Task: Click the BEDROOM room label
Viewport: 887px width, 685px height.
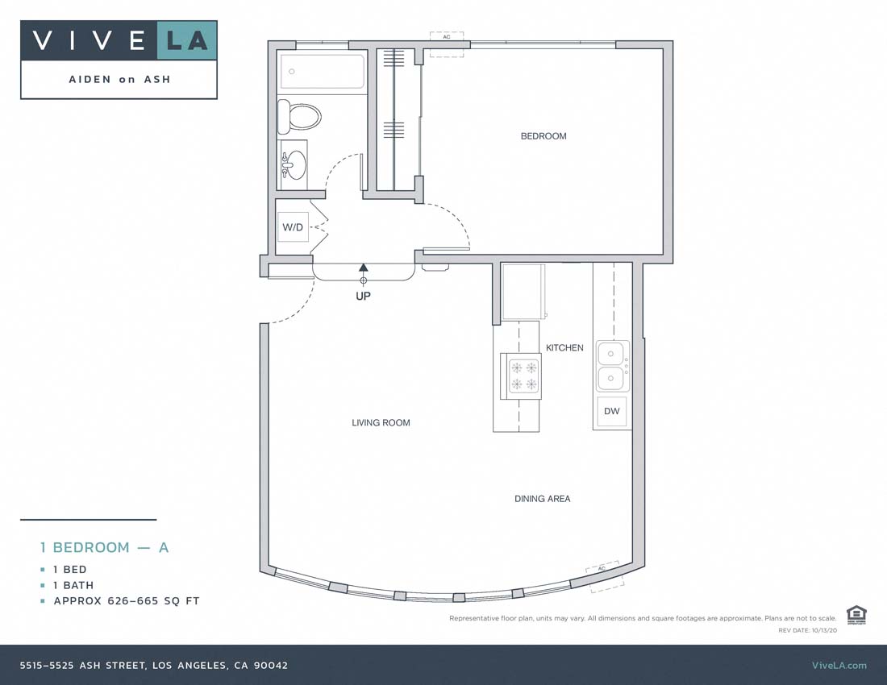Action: coord(543,136)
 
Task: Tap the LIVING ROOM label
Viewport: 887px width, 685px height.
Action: coord(381,422)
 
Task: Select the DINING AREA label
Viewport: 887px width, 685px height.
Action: coord(542,499)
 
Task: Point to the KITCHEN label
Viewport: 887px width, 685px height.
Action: coord(564,348)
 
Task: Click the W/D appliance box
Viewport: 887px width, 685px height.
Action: coord(293,227)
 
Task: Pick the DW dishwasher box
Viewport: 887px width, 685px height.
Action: coord(612,412)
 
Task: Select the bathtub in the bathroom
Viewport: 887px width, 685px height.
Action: coord(321,73)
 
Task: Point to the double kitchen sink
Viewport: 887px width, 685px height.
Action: coord(612,365)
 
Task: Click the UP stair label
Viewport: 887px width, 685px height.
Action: coord(364,296)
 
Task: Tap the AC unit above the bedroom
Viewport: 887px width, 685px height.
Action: coord(447,44)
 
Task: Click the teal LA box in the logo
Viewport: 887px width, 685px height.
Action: coord(186,40)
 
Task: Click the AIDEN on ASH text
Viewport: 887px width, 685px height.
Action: coord(119,80)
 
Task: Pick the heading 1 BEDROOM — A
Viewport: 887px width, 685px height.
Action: coord(105,547)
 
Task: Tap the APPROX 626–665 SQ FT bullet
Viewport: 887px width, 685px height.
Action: coord(126,601)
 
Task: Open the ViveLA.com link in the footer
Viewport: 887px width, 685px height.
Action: coord(839,665)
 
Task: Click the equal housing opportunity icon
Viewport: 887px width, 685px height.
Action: coord(855,614)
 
